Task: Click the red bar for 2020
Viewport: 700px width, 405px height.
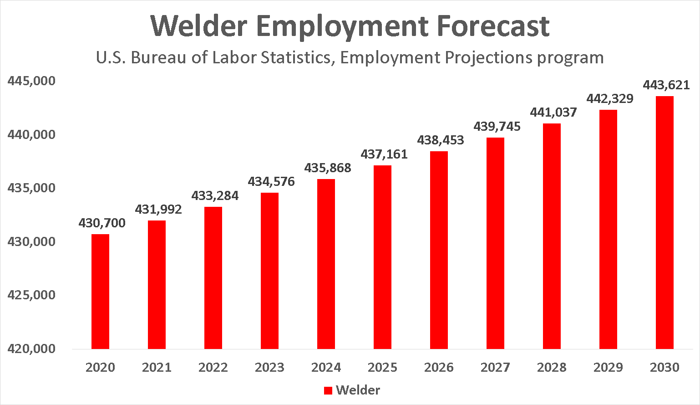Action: click(100, 292)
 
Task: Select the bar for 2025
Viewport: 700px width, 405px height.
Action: click(382, 257)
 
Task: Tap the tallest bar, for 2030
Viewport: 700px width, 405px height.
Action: click(664, 223)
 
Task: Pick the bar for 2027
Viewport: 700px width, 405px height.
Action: click(495, 243)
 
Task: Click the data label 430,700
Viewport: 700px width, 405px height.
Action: click(102, 223)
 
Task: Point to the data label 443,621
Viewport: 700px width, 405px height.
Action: click(666, 85)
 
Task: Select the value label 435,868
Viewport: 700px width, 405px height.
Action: click(328, 168)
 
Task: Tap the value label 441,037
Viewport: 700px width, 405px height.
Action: click(553, 113)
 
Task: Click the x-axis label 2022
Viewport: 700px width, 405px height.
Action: click(213, 368)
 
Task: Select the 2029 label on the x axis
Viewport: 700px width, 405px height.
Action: click(608, 368)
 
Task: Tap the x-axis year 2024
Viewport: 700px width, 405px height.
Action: click(326, 368)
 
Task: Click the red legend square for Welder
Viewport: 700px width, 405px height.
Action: click(328, 391)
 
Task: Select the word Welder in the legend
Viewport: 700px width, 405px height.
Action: click(358, 390)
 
